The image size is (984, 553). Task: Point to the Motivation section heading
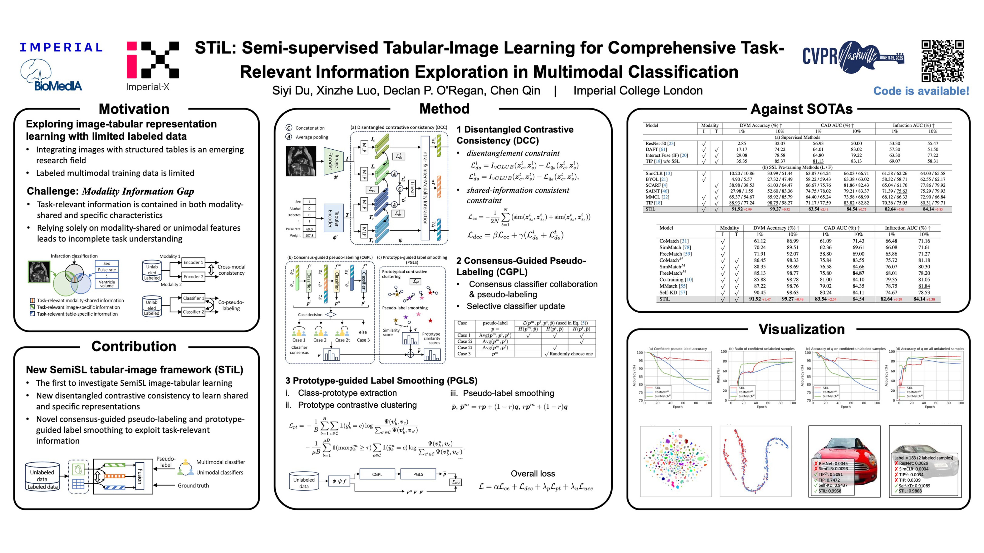(x=134, y=109)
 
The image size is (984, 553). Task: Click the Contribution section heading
(x=134, y=346)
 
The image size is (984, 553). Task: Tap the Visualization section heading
(x=801, y=329)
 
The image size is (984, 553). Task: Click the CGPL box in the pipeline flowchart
(x=377, y=474)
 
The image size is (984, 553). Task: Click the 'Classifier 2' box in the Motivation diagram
(x=193, y=312)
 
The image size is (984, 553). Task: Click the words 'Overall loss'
(x=533, y=474)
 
